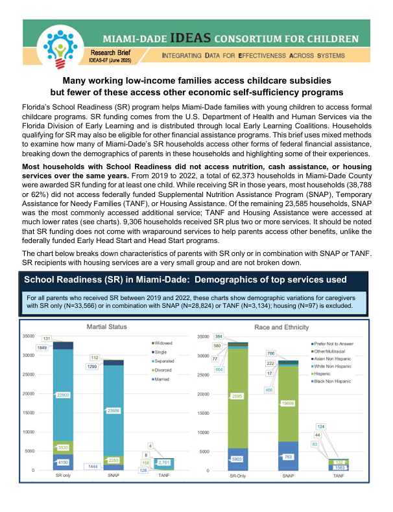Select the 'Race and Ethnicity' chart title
(283, 327)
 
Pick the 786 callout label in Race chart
(270, 353)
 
